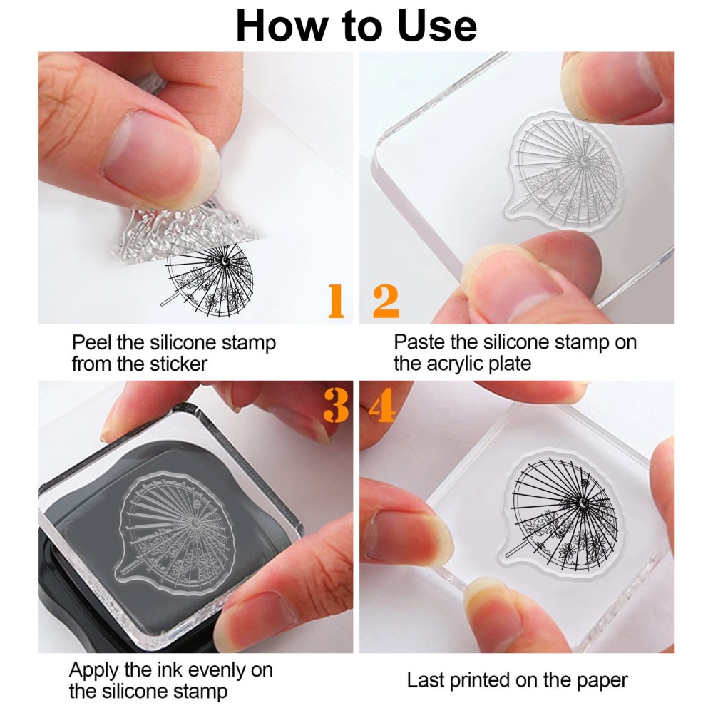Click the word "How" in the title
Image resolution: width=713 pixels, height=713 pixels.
coord(282,26)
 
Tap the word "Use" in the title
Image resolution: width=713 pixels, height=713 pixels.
coord(437,26)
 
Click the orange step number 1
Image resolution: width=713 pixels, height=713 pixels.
coord(336,301)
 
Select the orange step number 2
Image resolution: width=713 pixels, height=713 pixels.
coord(386,301)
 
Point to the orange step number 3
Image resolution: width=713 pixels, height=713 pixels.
coord(336,405)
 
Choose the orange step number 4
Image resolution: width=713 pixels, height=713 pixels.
coord(382,405)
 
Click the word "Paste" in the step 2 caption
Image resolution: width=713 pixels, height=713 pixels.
coord(417,342)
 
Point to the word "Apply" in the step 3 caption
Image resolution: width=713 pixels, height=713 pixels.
coord(94,671)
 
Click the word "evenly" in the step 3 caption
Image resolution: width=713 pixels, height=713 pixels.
coord(216,671)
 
